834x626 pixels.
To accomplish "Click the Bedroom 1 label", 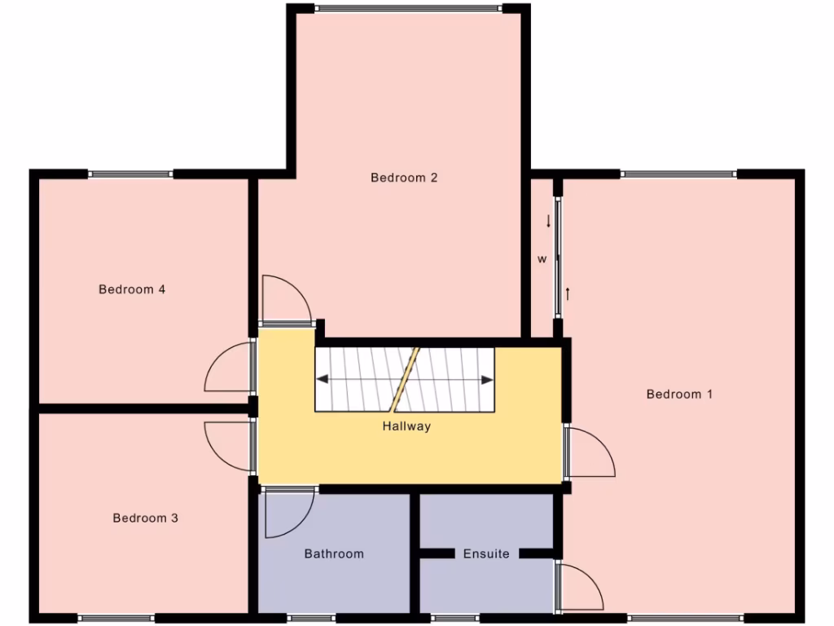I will coord(679,395).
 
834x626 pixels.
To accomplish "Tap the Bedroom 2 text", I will coord(404,178).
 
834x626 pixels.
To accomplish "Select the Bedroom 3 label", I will coord(145,518).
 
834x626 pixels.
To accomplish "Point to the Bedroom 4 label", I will coord(132,289).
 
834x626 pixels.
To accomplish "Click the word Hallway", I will coord(406,426).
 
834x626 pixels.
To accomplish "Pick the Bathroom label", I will coord(334,554).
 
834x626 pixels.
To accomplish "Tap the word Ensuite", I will coord(486,554).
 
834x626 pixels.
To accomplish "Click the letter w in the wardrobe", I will coord(542,260).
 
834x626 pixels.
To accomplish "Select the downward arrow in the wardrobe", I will coord(548,221).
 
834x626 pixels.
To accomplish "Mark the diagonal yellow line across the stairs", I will coord(404,379).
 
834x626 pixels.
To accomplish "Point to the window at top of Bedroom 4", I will coord(130,174).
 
